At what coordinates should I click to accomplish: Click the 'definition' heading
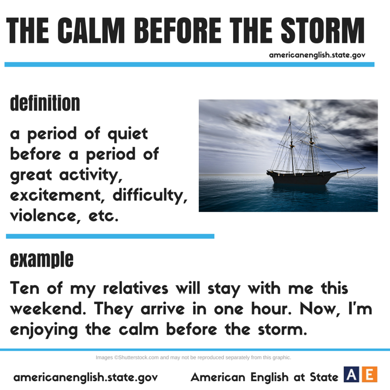point(45,103)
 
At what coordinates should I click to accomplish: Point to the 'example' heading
point(42,259)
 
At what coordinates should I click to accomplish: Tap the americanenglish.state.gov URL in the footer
point(86,377)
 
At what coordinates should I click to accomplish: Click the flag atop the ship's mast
point(289,118)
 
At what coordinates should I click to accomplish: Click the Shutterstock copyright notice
point(193,357)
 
